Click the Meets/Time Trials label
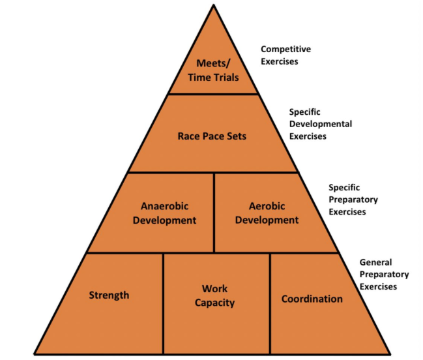pyautogui.click(x=212, y=70)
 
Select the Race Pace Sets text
pyautogui.click(x=212, y=136)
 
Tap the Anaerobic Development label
pyautogui.click(x=164, y=213)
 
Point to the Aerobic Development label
pyautogui.click(x=266, y=213)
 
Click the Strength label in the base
pyautogui.click(x=109, y=295)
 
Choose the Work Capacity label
pyautogui.click(x=215, y=295)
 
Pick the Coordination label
pyautogui.click(x=312, y=299)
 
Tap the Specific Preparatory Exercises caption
pyautogui.click(x=353, y=200)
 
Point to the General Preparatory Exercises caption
pyautogui.click(x=384, y=274)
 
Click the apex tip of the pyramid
pyautogui.click(x=212, y=5)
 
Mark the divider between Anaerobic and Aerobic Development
pyautogui.click(x=214, y=212)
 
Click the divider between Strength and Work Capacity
pyautogui.click(x=163, y=303)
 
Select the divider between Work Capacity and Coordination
pyautogui.click(x=270, y=303)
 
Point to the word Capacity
pyautogui.click(x=215, y=303)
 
